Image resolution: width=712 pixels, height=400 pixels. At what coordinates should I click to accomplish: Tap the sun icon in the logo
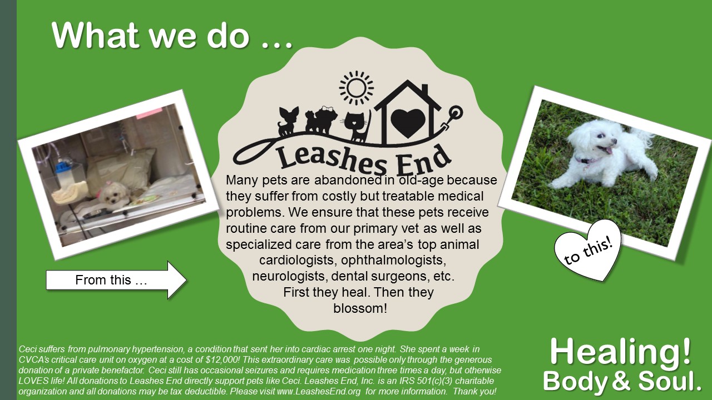(x=357, y=88)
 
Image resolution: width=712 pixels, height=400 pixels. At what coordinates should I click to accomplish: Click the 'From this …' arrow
(x=116, y=280)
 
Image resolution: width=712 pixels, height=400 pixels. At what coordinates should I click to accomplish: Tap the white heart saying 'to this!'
(x=588, y=251)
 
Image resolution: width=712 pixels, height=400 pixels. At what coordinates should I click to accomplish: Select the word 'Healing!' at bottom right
(x=620, y=352)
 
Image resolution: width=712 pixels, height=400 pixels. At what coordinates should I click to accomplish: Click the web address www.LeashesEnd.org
(x=319, y=391)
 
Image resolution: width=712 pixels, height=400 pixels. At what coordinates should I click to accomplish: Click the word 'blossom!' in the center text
(x=360, y=308)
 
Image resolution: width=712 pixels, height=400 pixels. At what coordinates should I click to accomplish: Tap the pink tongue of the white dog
(x=608, y=150)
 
